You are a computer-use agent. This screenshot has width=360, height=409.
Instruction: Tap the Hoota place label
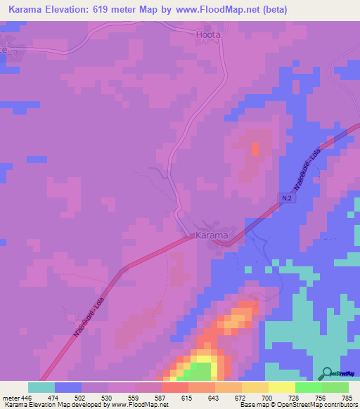[x=207, y=34]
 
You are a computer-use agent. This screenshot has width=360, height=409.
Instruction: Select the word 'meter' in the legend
[x=12, y=397]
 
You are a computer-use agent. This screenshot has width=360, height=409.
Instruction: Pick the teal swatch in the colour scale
[x=41, y=387]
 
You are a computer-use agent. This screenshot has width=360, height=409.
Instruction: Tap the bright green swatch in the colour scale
[x=309, y=387]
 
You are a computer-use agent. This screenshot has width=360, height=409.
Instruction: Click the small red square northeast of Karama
[x=255, y=148]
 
